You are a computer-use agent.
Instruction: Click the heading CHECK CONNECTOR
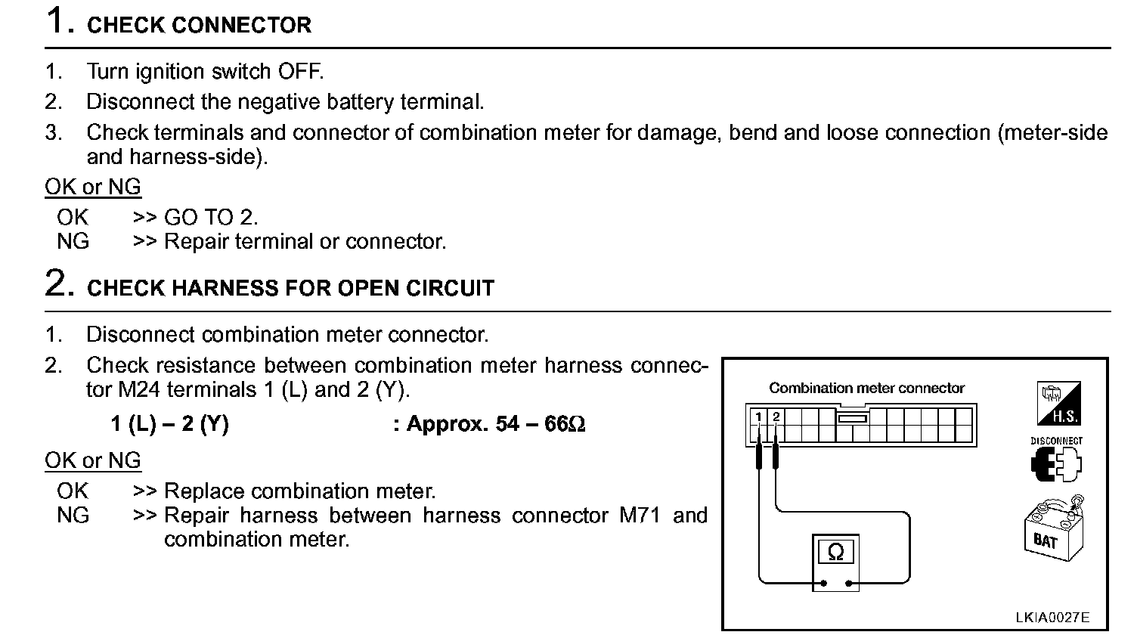tap(199, 25)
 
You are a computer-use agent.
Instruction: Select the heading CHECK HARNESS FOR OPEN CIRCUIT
tap(290, 288)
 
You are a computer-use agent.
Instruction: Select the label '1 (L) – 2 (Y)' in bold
tap(169, 424)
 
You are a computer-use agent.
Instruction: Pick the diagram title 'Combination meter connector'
tap(866, 389)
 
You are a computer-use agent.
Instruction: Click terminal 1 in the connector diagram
tap(758, 417)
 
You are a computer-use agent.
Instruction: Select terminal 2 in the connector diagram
tap(776, 417)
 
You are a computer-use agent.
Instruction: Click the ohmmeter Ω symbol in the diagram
tap(835, 552)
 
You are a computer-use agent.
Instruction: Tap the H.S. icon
tap(1057, 404)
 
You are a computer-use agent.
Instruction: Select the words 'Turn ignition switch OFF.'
tap(204, 72)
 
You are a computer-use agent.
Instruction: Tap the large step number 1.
tap(58, 21)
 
